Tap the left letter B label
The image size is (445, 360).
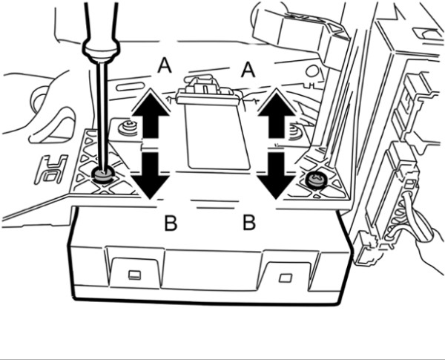click(x=171, y=223)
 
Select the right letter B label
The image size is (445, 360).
click(x=249, y=223)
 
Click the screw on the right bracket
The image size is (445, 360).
click(x=315, y=180)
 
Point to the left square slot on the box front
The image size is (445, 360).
click(x=134, y=274)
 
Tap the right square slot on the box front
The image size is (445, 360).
click(x=285, y=278)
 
